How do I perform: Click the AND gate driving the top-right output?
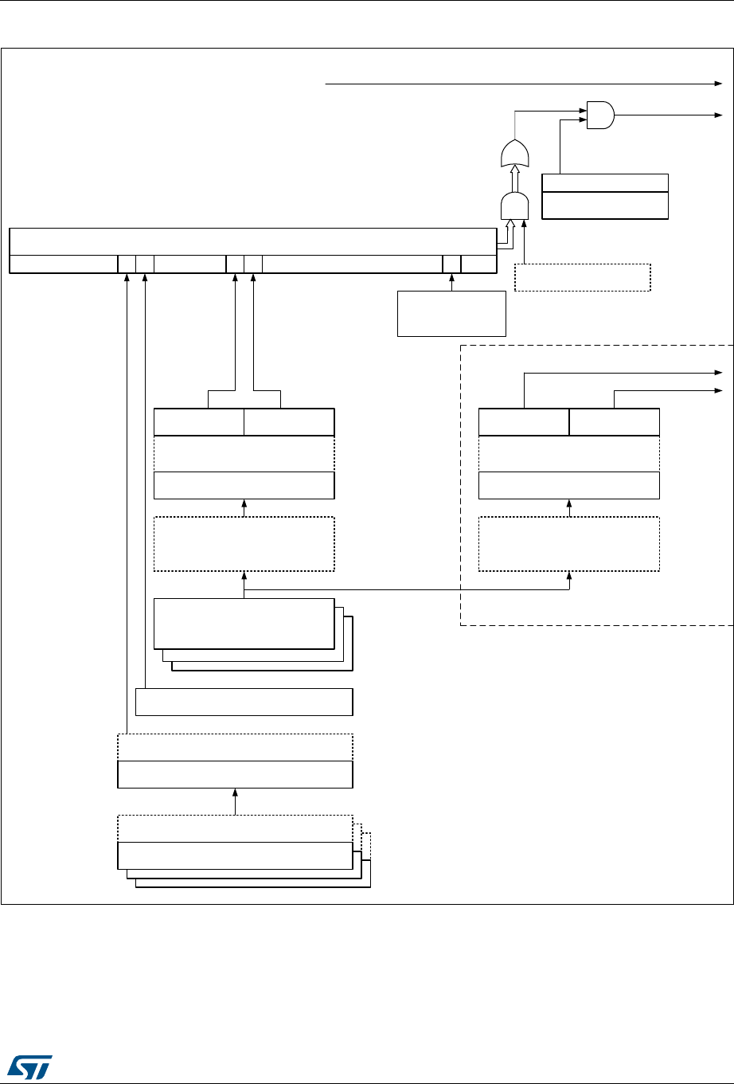599,115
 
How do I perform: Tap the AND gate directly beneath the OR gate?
514,207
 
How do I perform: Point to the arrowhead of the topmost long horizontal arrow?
717,83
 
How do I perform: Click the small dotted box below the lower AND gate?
583,276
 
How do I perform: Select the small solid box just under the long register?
451,313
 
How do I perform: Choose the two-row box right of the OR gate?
604,196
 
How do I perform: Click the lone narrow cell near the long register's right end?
451,264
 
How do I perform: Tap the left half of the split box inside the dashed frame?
524,422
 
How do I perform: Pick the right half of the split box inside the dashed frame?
614,422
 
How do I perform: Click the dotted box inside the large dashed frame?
568,544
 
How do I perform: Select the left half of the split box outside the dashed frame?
198,422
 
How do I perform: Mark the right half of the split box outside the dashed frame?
289,422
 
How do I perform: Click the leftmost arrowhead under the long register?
127,277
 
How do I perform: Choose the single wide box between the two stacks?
244,702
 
